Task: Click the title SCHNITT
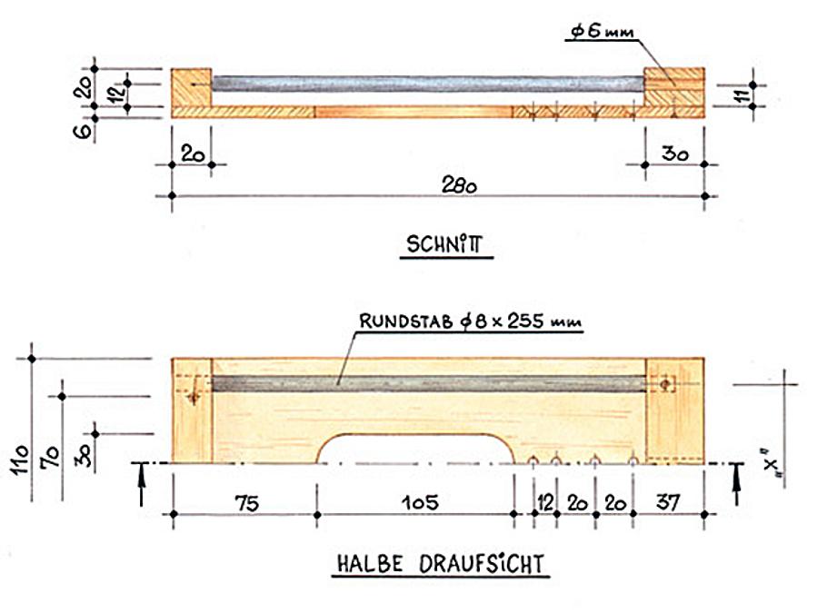(445, 244)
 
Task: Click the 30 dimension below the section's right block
(673, 153)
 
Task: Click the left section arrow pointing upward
(142, 485)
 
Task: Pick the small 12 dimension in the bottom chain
(545, 500)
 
